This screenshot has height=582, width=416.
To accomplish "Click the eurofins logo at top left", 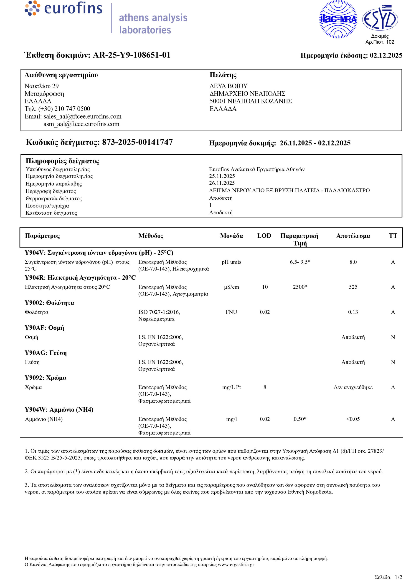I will point(63,8).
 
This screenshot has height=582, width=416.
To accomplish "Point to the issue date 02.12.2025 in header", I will point(386,55).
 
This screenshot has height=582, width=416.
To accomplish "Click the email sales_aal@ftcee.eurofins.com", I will point(82,116).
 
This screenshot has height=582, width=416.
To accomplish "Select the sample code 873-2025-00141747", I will point(137,142).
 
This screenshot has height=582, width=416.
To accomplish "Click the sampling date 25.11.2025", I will point(222,176).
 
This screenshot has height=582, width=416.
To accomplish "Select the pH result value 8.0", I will point(353,262).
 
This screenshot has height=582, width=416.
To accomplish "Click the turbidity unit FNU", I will point(231,312).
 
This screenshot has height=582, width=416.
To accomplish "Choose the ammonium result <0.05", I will point(353,419).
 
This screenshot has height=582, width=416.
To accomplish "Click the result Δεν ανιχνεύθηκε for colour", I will point(353,387).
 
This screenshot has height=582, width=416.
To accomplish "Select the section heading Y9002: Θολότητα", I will point(49,303).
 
